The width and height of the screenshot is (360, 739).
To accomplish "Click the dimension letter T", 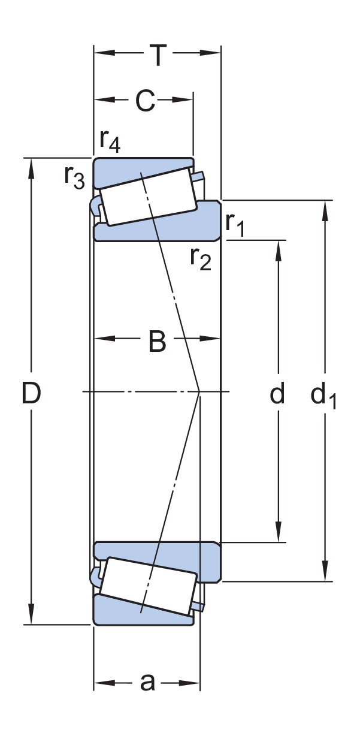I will coord(157,56).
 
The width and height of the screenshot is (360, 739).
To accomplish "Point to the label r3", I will coord(75,177).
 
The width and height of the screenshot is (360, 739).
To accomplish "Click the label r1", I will coord(235,224).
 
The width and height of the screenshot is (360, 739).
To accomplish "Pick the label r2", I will coord(201,258).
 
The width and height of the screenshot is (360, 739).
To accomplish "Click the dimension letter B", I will coord(156,342).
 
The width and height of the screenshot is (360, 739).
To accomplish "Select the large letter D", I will coord(31,394).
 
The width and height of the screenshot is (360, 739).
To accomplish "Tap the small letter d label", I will coord(277,394).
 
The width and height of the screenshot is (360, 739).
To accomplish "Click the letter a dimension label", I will coord(147,681).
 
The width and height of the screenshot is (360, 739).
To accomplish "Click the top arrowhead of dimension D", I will coord(31,168).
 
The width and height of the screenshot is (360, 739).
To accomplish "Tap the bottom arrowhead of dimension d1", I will coord(325,570).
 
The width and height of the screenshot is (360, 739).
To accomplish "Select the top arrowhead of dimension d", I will coord(279,251).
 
